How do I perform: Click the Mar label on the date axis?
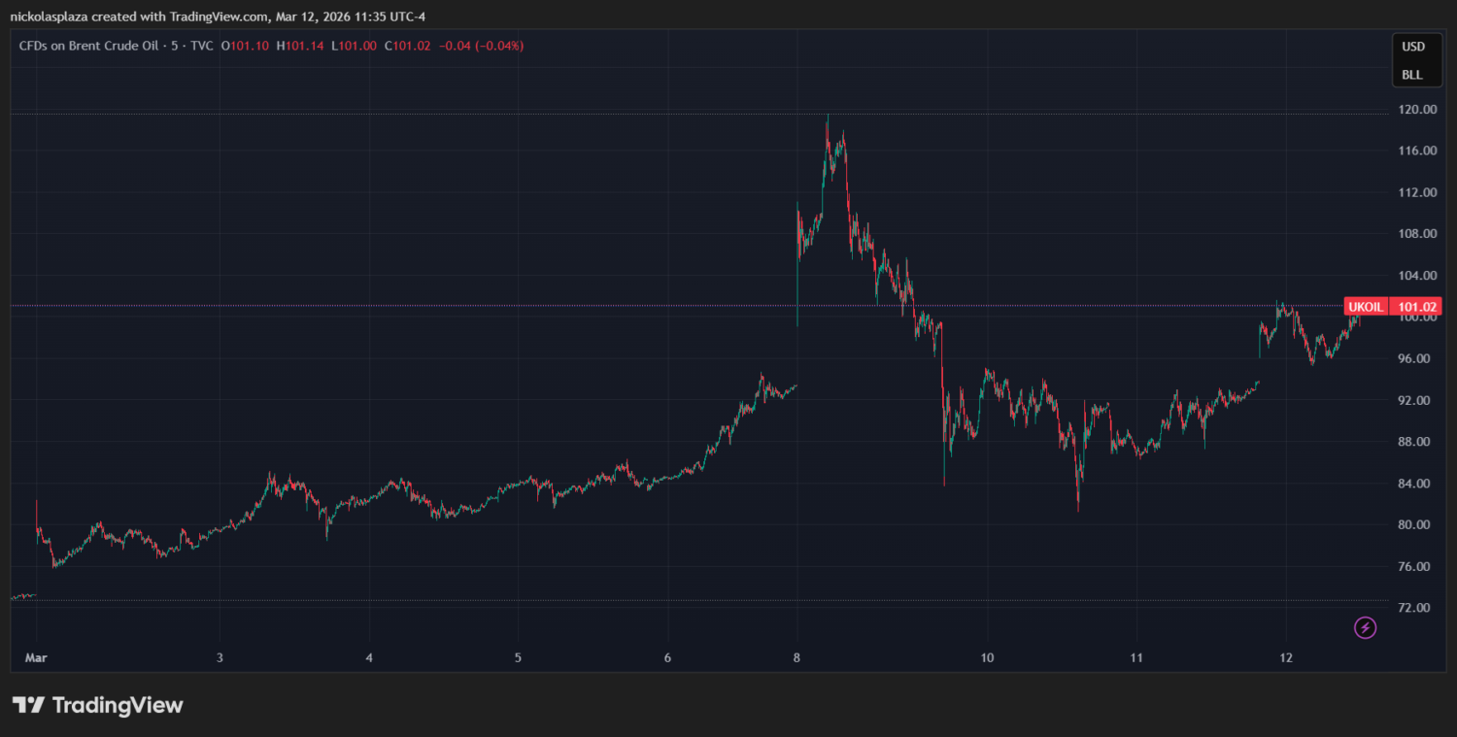click(x=35, y=657)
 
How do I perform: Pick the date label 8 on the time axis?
click(x=796, y=657)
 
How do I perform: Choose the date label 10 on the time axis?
click(x=986, y=657)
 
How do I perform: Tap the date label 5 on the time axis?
click(x=518, y=657)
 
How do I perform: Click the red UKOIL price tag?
click(x=1366, y=307)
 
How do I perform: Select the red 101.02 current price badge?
click(x=1415, y=307)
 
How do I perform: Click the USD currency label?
click(x=1412, y=47)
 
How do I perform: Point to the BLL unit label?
click(x=1412, y=75)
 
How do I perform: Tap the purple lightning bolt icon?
click(x=1366, y=627)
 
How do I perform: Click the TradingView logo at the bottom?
click(x=97, y=705)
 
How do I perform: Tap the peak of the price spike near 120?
click(x=828, y=117)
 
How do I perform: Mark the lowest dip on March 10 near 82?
click(x=1078, y=509)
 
